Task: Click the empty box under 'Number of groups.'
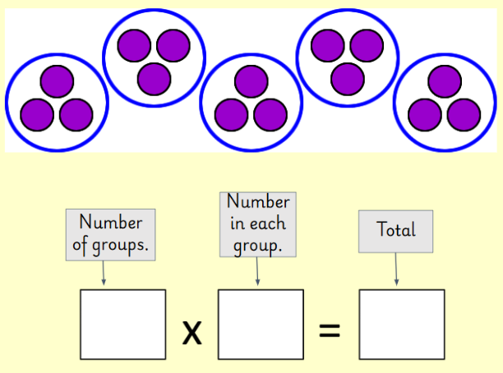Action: pyautogui.click(x=122, y=325)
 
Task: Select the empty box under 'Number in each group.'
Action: pyautogui.click(x=261, y=325)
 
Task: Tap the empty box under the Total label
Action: pyautogui.click(x=402, y=325)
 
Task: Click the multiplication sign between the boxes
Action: pyautogui.click(x=192, y=332)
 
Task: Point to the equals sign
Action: pyautogui.click(x=329, y=331)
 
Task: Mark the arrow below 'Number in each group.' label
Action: pyautogui.click(x=258, y=271)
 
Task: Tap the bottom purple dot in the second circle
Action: pyautogui.click(x=154, y=79)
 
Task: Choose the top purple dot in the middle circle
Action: pyautogui.click(x=251, y=81)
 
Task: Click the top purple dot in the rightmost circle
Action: pyautogui.click(x=444, y=81)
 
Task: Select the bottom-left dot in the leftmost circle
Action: pyautogui.click(x=38, y=115)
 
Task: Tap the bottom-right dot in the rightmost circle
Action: pyautogui.click(x=464, y=115)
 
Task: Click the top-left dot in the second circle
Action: pyautogui.click(x=134, y=46)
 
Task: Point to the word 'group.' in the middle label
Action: pyautogui.click(x=258, y=245)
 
